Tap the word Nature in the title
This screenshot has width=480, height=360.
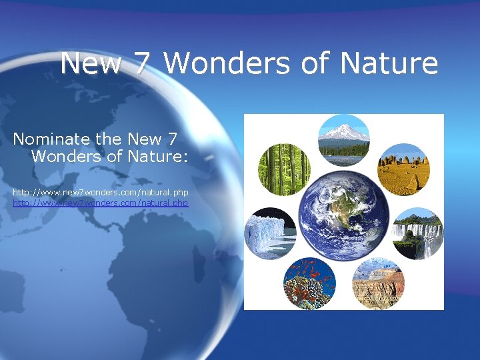[389, 64]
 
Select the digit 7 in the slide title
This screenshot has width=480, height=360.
[143, 64]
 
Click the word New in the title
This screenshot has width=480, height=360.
[90, 64]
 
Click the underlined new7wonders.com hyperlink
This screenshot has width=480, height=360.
[101, 202]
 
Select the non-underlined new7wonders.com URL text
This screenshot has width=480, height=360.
[101, 192]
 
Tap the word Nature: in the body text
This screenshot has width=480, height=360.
[161, 157]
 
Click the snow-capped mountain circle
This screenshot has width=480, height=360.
[343, 139]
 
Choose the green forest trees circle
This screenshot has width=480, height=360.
[283, 169]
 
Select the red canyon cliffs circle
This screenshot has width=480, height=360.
[377, 283]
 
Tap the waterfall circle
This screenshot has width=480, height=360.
[417, 233]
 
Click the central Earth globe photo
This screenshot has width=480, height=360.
[343, 213]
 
